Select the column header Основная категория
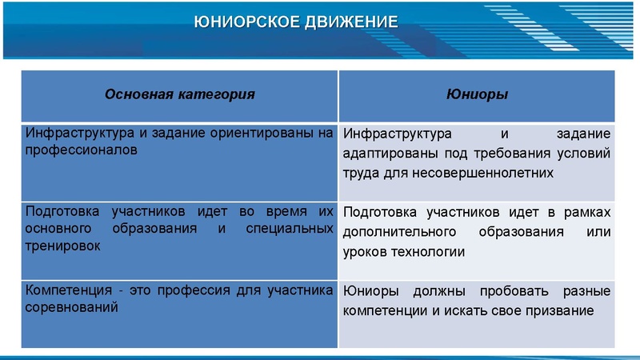click(180, 94)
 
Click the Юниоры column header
click(478, 94)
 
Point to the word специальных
click(293, 229)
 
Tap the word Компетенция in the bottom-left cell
click(65, 290)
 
